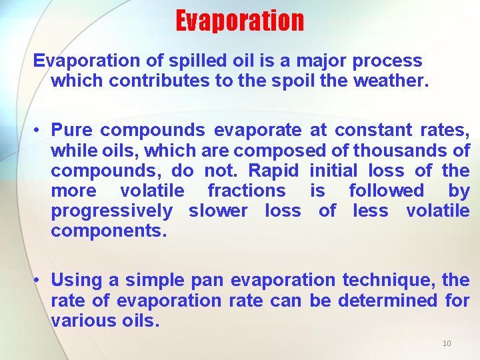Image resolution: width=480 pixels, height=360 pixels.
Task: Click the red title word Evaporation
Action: (239, 21)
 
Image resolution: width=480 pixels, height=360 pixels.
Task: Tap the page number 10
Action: (447, 343)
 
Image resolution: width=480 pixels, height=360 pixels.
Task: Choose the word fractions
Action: (246, 191)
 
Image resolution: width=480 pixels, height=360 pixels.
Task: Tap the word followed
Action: (386, 191)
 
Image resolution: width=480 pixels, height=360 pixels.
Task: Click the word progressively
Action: (111, 212)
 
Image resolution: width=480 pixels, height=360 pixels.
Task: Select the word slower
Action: (217, 211)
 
